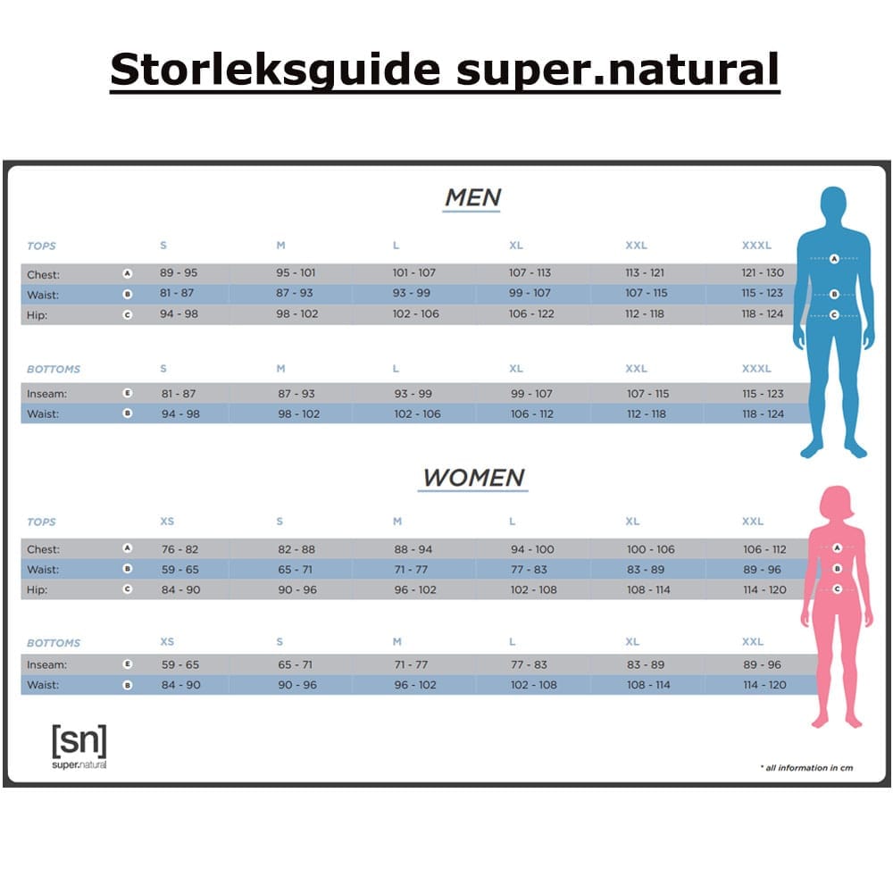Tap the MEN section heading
point(472,197)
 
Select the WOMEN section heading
point(473,477)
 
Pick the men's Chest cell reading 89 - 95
point(179,273)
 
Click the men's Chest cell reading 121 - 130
point(762,273)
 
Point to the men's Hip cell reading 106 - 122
point(531,314)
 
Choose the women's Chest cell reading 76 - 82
point(180,549)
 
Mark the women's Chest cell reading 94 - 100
point(532,549)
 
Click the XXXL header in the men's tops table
point(756,246)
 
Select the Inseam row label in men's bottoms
point(46,394)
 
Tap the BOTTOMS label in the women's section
point(54,643)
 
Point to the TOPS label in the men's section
point(41,246)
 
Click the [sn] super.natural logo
point(79,746)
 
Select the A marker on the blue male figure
point(834,259)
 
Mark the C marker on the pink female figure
point(838,588)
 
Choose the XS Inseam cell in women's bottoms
point(180,665)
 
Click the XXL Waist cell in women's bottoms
point(764,685)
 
